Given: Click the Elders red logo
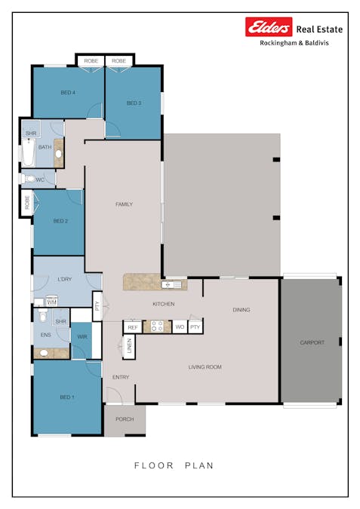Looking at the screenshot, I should coord(269,28).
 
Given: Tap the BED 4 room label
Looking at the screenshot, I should coord(68,93).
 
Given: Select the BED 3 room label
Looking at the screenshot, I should coord(134,103).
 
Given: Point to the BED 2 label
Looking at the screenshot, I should coord(60,221).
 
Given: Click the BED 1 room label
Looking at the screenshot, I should coord(67,397).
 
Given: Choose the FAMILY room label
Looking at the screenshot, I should coord(124,204).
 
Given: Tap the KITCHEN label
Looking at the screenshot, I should coord(164,304).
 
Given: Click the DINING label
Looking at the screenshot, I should coord(241,310).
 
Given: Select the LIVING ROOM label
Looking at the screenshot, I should coord(205,367).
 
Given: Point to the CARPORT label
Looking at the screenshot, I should coord(312,342).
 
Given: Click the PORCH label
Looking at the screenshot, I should coord(124,419).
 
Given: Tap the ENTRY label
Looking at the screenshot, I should coord(121,376).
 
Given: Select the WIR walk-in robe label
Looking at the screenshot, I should coord(82,336).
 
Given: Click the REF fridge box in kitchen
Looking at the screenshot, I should coord(133,327).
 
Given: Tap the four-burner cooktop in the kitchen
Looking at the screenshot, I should coord(158,327).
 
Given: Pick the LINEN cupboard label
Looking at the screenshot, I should coord(129,347).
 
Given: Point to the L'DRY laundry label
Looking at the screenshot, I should coord(64,280).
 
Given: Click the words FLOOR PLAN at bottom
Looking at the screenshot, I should coord(174,465).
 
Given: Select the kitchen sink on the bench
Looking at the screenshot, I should coord(173,284).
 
